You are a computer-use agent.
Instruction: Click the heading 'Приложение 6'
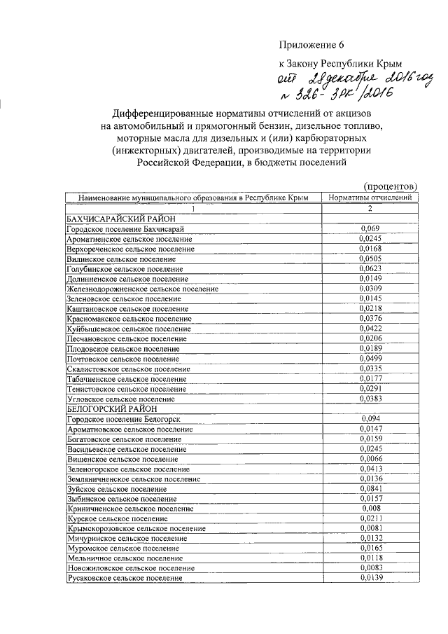(x=312, y=46)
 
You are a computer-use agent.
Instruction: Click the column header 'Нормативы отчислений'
(x=370, y=198)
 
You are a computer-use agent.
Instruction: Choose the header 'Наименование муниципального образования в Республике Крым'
(x=192, y=198)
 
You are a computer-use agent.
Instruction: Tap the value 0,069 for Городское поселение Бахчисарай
(x=370, y=228)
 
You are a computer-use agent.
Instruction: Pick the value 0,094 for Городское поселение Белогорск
(x=370, y=418)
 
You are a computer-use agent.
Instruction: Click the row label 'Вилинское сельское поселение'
(x=120, y=259)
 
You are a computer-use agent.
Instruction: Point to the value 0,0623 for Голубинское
(x=370, y=268)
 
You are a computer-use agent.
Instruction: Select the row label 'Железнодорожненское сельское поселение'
(x=142, y=289)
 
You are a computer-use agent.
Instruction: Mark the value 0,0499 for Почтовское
(x=370, y=358)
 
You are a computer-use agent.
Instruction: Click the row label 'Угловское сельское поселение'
(x=120, y=399)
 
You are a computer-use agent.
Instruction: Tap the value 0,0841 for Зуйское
(x=370, y=488)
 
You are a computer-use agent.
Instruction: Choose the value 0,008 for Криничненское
(x=370, y=508)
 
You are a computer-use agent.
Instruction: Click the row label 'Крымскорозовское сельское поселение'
(x=136, y=528)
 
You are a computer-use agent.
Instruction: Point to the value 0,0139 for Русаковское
(x=370, y=577)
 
